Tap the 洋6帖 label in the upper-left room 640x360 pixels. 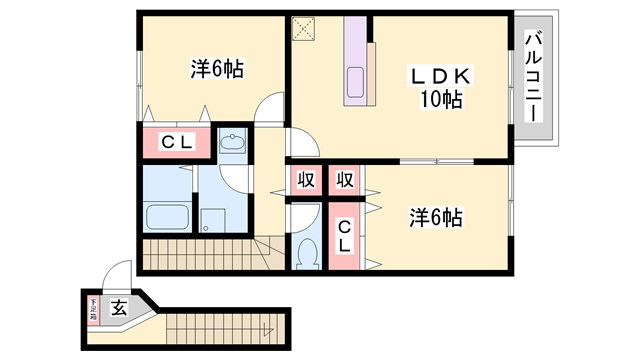[x=218, y=69]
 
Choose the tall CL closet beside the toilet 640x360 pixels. [x=343, y=236]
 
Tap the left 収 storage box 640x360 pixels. [x=304, y=181]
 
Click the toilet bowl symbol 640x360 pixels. [x=307, y=253]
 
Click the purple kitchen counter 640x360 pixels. [x=357, y=63]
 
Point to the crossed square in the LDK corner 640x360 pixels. [x=303, y=28]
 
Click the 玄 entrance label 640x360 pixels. [x=118, y=308]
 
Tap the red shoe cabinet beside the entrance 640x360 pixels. [x=94, y=308]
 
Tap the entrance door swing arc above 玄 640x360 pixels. [x=119, y=276]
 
